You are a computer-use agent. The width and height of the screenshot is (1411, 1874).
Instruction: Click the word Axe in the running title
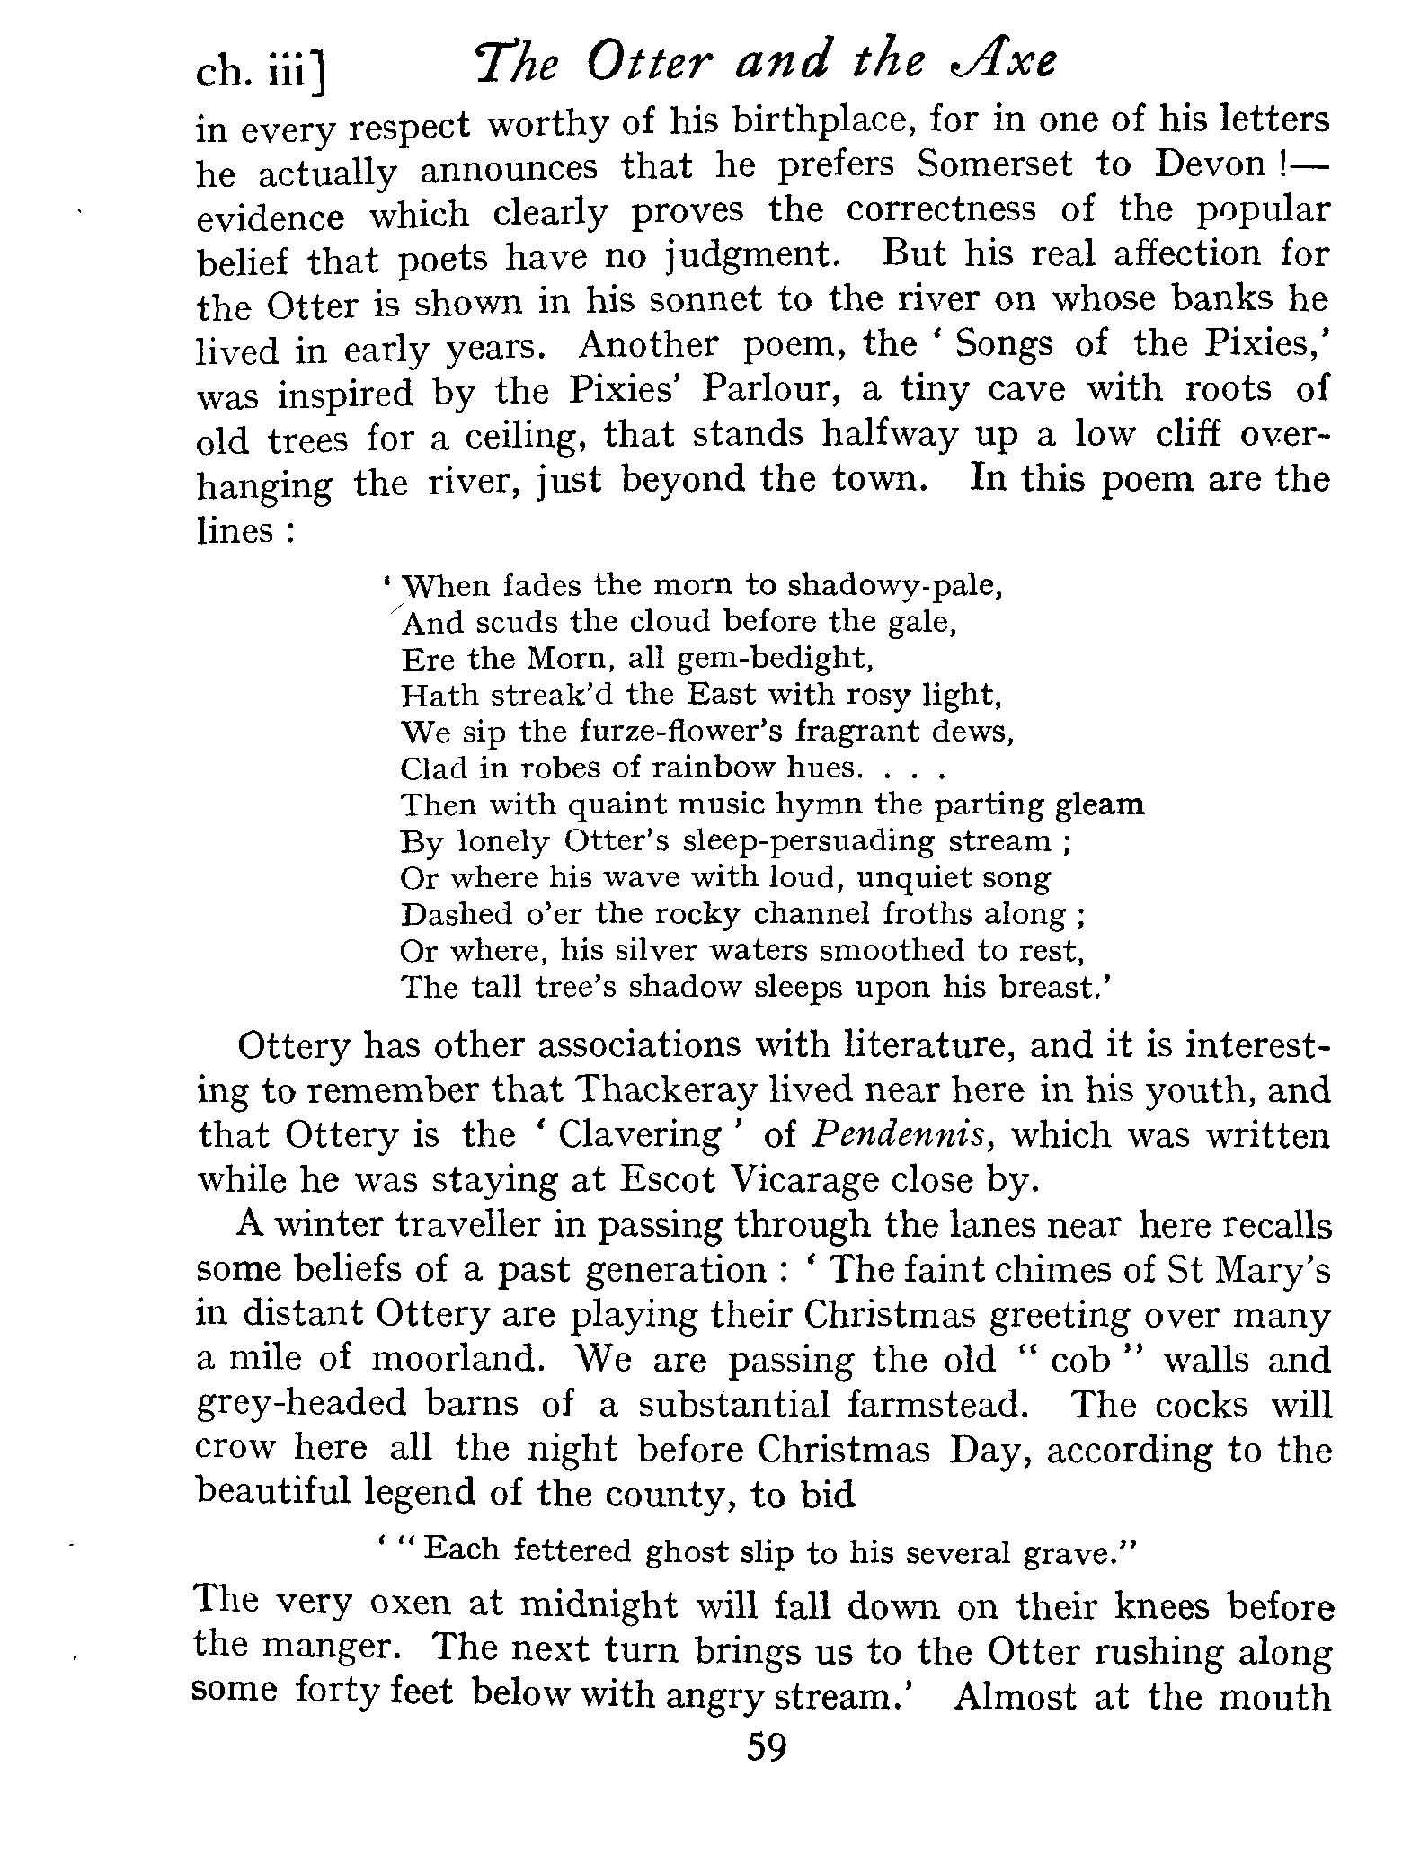pos(999,63)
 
